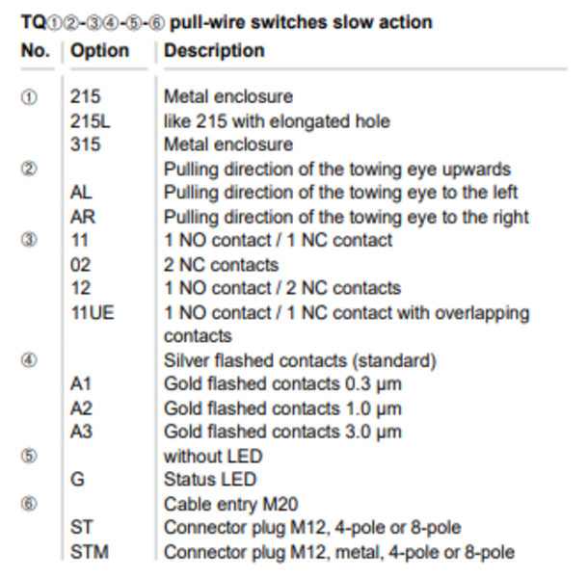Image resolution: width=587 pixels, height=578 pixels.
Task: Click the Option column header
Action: point(99,50)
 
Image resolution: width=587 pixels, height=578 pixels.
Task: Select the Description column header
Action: point(214,50)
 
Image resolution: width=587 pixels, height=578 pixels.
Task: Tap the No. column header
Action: point(36,50)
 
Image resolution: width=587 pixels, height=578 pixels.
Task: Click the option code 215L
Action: point(91,121)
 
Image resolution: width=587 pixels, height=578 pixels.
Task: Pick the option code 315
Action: point(86,144)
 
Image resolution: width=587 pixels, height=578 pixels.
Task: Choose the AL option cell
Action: point(81,193)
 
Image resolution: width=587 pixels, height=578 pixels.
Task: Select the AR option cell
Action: point(83,217)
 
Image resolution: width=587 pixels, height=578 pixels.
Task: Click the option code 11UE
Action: point(93,313)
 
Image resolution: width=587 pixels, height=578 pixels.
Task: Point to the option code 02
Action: point(81,265)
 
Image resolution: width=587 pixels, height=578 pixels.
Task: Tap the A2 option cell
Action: point(81,408)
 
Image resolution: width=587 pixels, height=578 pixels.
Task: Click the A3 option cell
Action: point(81,432)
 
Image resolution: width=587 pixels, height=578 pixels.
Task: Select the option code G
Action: point(77,479)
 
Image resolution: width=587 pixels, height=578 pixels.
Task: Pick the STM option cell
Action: point(90,552)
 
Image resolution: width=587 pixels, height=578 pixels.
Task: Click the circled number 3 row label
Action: point(29,240)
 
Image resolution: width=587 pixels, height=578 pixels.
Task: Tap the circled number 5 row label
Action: point(29,456)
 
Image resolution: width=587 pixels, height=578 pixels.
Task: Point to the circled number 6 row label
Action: point(29,504)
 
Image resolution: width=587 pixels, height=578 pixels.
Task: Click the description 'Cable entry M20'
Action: point(231,504)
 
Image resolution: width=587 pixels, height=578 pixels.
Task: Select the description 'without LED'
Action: point(213,456)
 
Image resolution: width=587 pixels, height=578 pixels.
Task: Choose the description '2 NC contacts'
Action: point(222,265)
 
